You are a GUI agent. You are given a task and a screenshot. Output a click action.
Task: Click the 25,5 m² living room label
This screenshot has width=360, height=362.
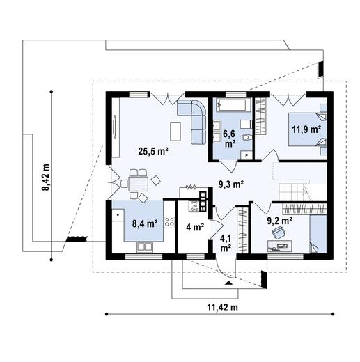[x=153, y=150]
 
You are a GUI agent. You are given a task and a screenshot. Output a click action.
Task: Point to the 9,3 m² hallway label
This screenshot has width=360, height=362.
[x=229, y=184]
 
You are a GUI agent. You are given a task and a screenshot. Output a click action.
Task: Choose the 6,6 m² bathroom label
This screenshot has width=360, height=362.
[x=229, y=138]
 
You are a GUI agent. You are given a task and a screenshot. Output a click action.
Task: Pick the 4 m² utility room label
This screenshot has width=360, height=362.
[x=194, y=227]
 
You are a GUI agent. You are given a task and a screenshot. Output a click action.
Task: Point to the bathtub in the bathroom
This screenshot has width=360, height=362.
[x=230, y=107]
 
